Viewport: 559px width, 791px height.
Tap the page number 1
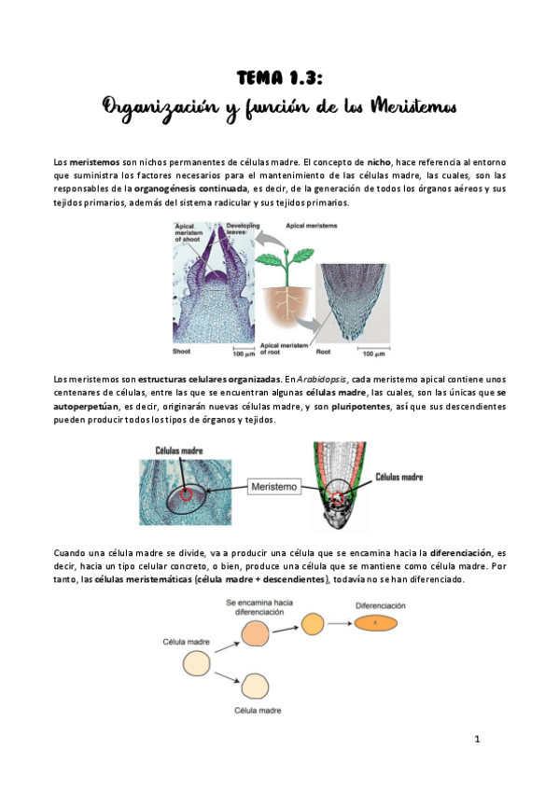pos(476,740)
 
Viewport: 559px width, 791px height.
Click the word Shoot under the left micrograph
pos(182,352)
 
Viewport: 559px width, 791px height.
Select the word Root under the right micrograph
pos(325,352)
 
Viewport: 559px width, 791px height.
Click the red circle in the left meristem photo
pos(186,495)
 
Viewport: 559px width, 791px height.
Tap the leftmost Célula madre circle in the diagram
pos(196,664)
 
